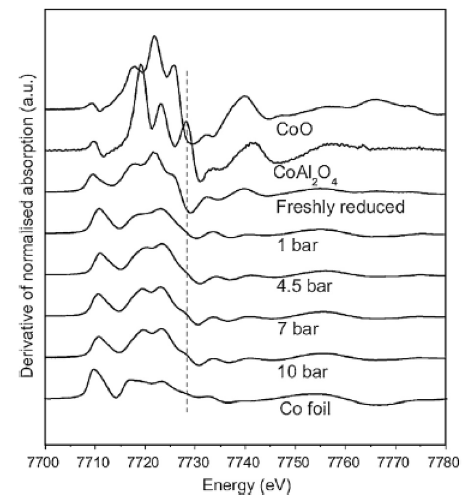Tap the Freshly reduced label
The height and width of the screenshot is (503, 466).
(340, 208)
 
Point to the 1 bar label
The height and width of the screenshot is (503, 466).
(296, 249)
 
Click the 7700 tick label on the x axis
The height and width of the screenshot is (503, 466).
(45, 458)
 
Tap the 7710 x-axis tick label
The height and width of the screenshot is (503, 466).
(95, 458)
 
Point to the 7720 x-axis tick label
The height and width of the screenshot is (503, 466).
(145, 458)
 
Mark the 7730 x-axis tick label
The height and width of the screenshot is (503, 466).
(195, 458)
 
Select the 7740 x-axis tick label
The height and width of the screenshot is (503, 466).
(245, 458)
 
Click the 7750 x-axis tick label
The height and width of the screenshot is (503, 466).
(295, 458)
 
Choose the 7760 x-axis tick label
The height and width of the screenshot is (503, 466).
(345, 458)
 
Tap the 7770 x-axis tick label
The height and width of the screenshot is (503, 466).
(395, 458)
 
